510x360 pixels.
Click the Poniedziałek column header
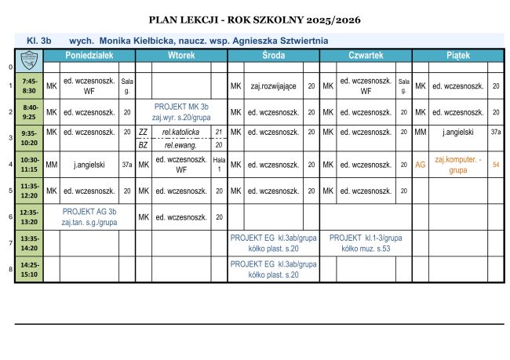point(89,56)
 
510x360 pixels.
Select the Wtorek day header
point(181,56)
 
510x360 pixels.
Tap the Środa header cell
point(273,56)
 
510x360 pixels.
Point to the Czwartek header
point(366,56)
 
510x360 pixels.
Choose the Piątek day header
point(458,56)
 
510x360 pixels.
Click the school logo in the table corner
point(29,56)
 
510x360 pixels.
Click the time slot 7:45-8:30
point(30,85)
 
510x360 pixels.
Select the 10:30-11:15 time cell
point(30,165)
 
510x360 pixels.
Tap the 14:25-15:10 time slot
point(30,269)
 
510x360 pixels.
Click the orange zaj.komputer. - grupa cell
point(458,164)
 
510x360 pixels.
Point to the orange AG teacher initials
point(421,165)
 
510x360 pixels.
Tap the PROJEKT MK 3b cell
point(181,111)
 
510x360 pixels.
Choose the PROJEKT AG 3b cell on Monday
point(89,216)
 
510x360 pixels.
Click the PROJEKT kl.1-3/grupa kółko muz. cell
point(366,242)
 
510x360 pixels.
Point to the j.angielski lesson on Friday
point(458,132)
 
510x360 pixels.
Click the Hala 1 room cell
point(219,164)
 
